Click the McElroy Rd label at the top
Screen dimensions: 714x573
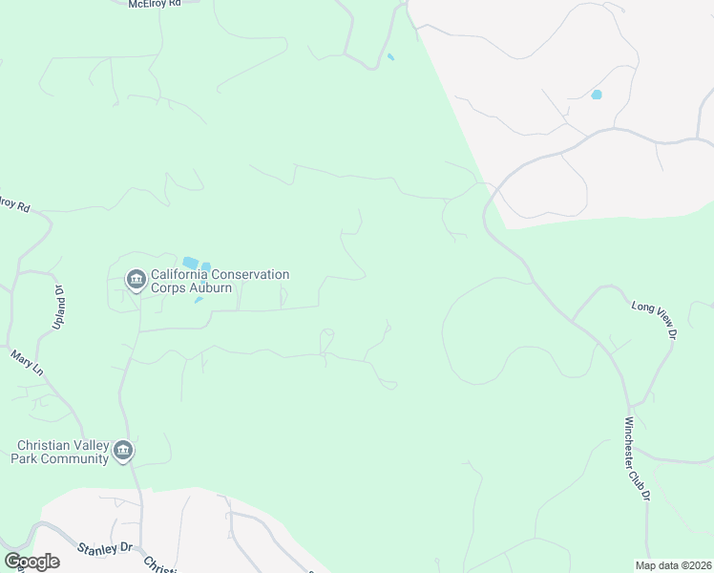(x=154, y=5)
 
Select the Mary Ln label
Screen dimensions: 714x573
(x=28, y=362)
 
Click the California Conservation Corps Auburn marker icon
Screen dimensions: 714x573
(x=136, y=279)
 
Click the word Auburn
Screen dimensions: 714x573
(x=210, y=287)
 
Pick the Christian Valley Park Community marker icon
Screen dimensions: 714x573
(x=122, y=451)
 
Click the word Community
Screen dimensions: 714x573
(x=75, y=458)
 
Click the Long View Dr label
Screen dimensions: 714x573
(x=654, y=320)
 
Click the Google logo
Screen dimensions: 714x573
(x=31, y=562)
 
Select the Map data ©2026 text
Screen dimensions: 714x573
(x=673, y=565)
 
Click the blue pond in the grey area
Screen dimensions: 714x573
(x=597, y=95)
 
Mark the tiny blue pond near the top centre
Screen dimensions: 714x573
(x=390, y=57)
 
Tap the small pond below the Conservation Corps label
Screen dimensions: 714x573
(x=199, y=300)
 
